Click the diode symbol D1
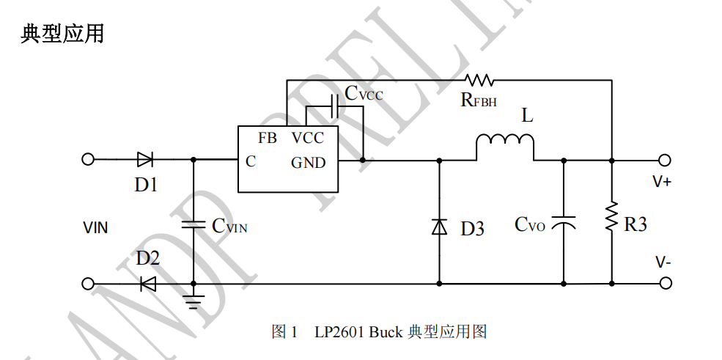pos(144,159)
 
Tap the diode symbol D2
pos(148,283)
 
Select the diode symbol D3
pos(439,227)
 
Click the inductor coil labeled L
pos(505,142)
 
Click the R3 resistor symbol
pos(611,218)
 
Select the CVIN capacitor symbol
pos(194,224)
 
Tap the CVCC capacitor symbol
pos(334,107)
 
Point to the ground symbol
pos(194,301)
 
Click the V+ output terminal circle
pos(665,159)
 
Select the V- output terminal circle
pos(665,283)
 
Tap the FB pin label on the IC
pos(268,138)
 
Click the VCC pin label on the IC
pos(307,138)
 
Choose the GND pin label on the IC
pos(308,163)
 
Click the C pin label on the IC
pos(251,162)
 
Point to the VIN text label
pos(95,228)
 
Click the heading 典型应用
pos(62,34)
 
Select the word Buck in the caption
pos(385,332)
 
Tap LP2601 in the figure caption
pos(339,332)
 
